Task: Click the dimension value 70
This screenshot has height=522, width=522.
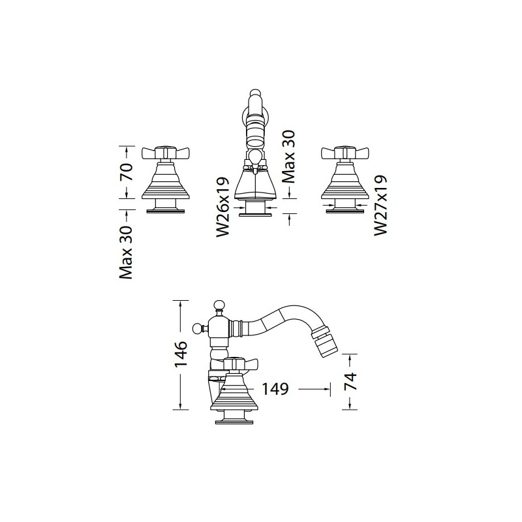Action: pos(127,172)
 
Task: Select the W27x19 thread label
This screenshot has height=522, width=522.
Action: pos(381,206)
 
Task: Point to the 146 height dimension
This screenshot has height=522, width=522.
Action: pos(181,354)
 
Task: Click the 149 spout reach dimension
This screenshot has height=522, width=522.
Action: pos(275,389)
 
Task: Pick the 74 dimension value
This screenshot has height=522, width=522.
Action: pos(350,382)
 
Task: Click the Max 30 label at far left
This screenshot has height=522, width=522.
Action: pos(126,253)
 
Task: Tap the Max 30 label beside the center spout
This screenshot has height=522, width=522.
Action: pos(288,157)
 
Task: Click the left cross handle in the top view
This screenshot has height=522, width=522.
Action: pos(166,153)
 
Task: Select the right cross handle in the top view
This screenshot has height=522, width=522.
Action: pos(345,153)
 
